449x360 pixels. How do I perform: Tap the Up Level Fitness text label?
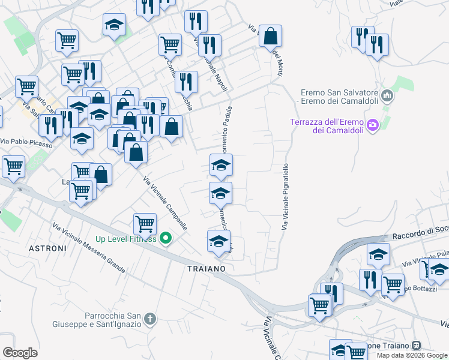(125, 239)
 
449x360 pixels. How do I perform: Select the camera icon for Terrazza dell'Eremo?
(373, 125)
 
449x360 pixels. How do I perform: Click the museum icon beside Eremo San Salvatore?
(387, 95)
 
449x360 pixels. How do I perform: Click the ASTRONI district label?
(47, 247)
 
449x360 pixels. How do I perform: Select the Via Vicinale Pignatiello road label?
(286, 196)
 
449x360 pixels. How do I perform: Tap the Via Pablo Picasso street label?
(26, 143)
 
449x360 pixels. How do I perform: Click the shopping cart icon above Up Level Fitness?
(145, 224)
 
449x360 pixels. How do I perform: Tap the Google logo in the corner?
(20, 353)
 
